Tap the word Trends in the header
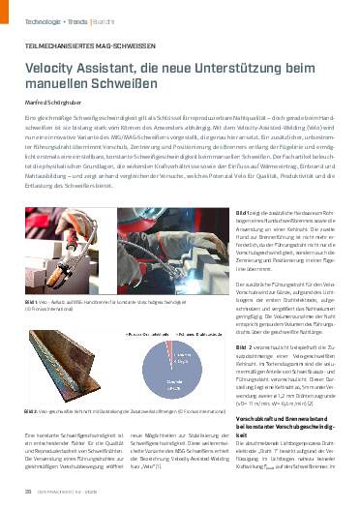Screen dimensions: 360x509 click(75, 19)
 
